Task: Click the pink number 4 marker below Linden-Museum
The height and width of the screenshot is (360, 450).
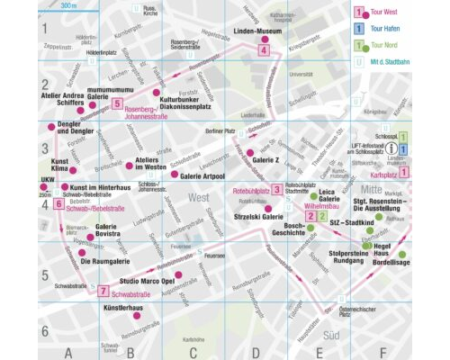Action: pyautogui.click(x=263, y=51)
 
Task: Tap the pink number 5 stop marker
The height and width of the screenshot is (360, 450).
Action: pyautogui.click(x=118, y=104)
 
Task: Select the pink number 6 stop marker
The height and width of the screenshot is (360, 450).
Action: pyautogui.click(x=58, y=204)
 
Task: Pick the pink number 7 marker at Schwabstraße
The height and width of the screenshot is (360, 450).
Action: pyautogui.click(x=103, y=291)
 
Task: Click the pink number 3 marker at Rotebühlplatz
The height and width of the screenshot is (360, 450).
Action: pyautogui.click(x=277, y=189)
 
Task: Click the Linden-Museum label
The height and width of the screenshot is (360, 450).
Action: pyautogui.click(x=258, y=31)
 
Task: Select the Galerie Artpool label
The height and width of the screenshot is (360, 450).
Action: pyautogui.click(x=204, y=175)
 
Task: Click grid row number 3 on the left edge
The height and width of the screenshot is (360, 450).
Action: pyautogui.click(x=43, y=152)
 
